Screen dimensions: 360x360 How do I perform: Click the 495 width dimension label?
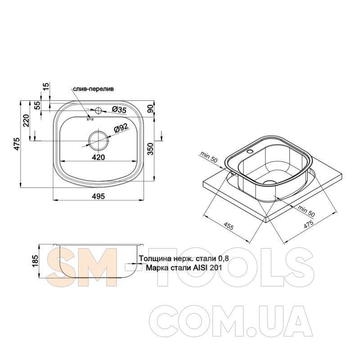[x=98, y=196]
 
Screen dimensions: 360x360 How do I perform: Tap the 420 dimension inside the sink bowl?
[x=98, y=157]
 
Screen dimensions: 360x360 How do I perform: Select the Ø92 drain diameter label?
[x=121, y=128]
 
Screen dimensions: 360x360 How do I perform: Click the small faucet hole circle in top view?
[x=99, y=110]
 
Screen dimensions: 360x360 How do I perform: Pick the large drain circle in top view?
[x=99, y=140]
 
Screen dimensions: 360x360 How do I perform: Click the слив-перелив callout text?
[x=93, y=89]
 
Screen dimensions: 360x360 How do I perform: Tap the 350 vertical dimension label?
[x=150, y=149]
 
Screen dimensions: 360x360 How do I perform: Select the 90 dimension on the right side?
[x=150, y=108]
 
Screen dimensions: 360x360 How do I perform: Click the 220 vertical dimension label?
[x=27, y=121]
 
